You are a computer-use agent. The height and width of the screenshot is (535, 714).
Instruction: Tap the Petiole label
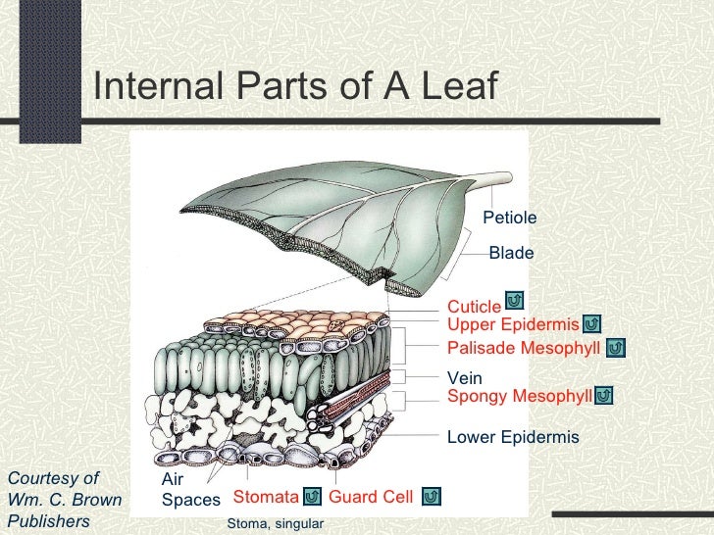pos(510,218)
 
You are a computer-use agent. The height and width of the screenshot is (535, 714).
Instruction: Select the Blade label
pos(511,254)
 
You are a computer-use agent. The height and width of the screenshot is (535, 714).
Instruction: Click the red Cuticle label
pos(474,309)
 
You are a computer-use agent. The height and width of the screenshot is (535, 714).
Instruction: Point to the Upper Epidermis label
pos(513,325)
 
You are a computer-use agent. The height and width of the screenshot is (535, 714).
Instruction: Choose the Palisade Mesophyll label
pos(524,349)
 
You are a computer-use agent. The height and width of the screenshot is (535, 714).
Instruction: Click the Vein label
pos(465,378)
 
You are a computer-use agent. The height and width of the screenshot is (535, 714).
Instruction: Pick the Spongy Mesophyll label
pos(519,396)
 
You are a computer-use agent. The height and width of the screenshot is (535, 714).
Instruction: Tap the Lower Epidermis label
pos(513,437)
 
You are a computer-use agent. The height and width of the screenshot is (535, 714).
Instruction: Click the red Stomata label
pos(265,497)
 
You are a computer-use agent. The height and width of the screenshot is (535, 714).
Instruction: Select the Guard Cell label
pos(371,497)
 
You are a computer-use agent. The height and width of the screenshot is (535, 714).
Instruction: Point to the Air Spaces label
pos(190,490)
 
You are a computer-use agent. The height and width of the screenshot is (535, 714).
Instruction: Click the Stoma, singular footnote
pos(275,524)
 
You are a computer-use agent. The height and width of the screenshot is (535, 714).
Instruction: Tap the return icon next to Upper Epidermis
pos(591,323)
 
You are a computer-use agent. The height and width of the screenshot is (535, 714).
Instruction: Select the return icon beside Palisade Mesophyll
pos(616,348)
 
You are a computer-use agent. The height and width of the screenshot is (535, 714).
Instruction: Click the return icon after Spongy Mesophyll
pos(604,395)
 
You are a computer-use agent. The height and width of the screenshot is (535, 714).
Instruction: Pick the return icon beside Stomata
pos(311,497)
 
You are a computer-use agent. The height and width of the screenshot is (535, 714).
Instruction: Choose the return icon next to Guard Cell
pos(432,497)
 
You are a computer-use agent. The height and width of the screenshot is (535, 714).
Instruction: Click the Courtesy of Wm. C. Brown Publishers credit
pos(64,500)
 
